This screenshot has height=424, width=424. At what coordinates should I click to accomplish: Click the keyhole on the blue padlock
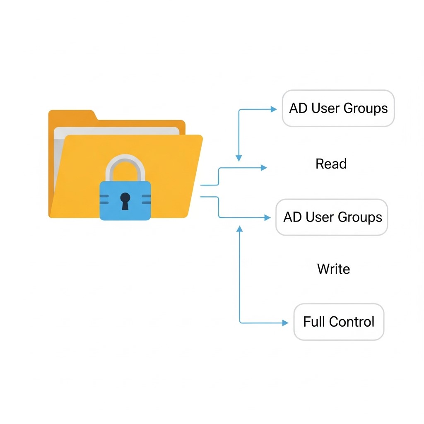125,201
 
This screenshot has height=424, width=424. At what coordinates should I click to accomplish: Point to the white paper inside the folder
116,131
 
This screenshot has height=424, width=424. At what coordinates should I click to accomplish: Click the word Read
331,164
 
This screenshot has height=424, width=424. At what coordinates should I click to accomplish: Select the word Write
334,269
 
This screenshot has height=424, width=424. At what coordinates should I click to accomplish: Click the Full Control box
339,322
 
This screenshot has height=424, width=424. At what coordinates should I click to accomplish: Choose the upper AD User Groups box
338,108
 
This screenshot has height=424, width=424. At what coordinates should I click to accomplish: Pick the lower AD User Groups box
332,217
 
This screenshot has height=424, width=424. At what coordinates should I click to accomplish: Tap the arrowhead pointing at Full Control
285,323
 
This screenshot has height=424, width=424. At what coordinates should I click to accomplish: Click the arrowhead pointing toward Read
264,168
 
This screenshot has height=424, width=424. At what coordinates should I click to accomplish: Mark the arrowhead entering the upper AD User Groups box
274,109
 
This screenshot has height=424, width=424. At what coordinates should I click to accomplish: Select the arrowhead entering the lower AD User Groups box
267,217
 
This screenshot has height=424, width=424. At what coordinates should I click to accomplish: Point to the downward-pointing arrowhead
239,158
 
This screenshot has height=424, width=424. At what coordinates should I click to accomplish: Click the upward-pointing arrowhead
240,229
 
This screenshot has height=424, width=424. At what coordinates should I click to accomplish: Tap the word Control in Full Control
352,322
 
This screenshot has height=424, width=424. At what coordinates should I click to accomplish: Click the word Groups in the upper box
366,109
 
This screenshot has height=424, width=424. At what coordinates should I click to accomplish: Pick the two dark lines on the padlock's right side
146,199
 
